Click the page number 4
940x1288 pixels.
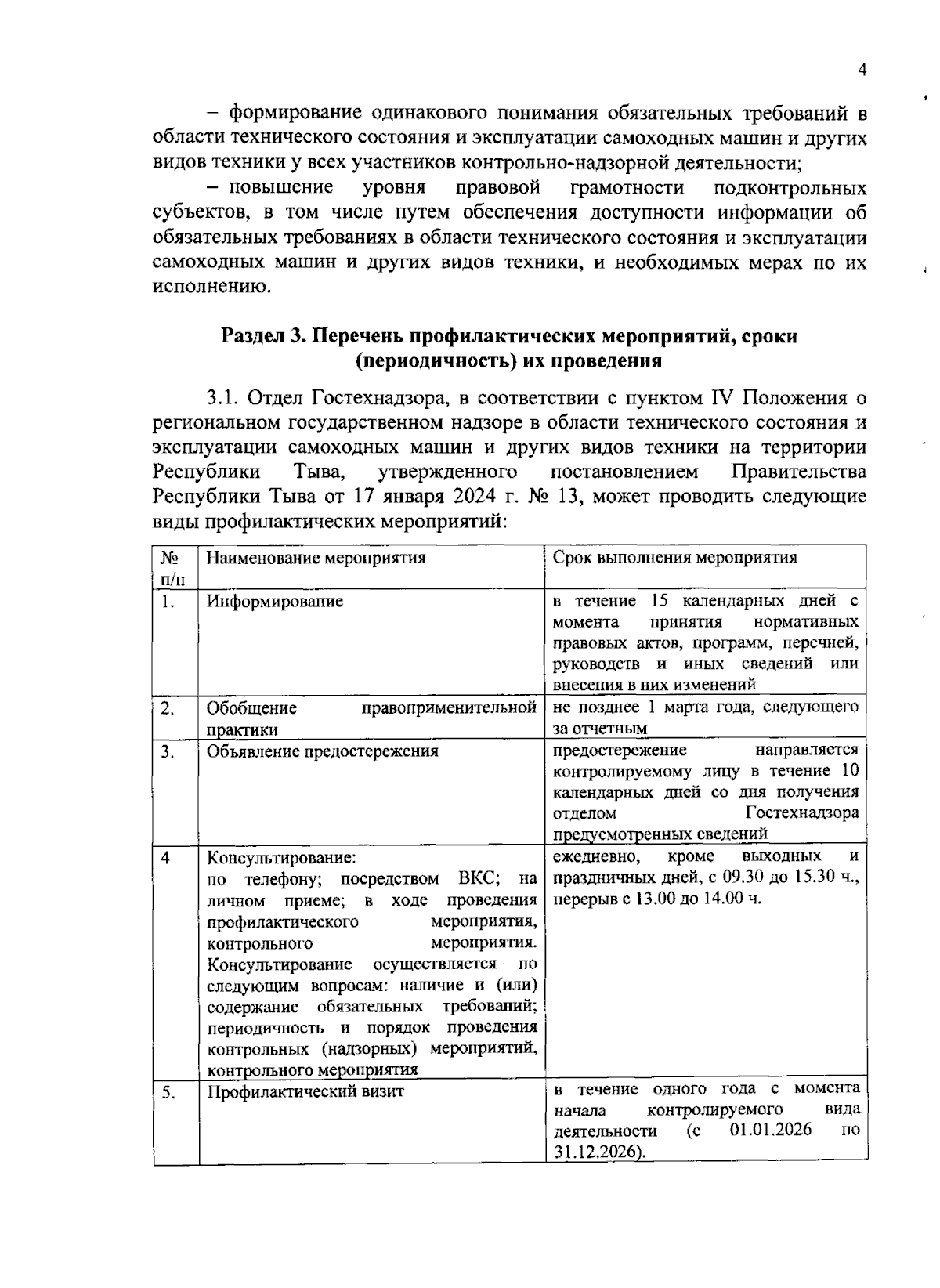click(x=862, y=71)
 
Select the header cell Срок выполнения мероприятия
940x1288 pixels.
click(x=674, y=558)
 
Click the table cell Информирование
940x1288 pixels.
click(x=275, y=602)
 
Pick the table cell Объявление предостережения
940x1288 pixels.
click(x=322, y=751)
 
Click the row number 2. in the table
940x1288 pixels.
click(x=168, y=708)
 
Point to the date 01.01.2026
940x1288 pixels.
click(x=770, y=1131)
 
